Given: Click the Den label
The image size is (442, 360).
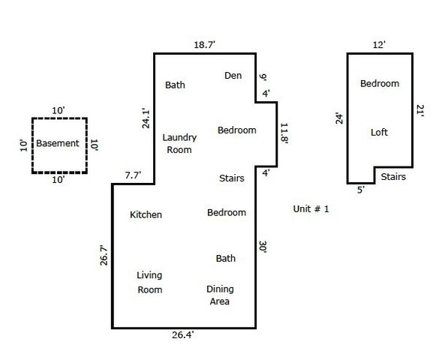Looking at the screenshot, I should click(x=233, y=75).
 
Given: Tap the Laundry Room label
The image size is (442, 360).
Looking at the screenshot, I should click(x=179, y=143).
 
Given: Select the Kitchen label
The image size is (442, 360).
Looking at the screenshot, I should click(x=146, y=214).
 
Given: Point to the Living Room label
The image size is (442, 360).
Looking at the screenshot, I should click(x=149, y=282).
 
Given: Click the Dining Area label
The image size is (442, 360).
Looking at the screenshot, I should click(x=220, y=295).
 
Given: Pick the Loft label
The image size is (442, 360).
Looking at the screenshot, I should click(x=380, y=133).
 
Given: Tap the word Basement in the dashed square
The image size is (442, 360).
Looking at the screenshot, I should click(x=58, y=143).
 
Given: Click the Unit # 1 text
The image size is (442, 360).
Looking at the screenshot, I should click(x=311, y=208).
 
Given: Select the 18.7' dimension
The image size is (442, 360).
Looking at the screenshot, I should click(x=204, y=45).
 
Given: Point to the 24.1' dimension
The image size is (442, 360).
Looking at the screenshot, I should click(x=146, y=119).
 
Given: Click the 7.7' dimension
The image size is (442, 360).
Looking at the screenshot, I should click(x=132, y=175).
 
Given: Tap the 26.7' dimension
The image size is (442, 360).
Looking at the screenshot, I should click(x=104, y=255).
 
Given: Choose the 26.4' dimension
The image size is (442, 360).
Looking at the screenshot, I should click(x=183, y=335).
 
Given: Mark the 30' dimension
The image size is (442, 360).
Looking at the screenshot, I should click(x=263, y=247).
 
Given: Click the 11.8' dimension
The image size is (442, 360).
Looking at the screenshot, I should click(x=284, y=133).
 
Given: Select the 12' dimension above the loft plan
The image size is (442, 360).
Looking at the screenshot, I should click(x=379, y=45).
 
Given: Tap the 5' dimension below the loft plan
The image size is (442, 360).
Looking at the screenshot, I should click(x=360, y=190).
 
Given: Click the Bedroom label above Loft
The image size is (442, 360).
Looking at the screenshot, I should click(x=379, y=83).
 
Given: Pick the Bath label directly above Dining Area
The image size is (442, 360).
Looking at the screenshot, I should click(x=226, y=258).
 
